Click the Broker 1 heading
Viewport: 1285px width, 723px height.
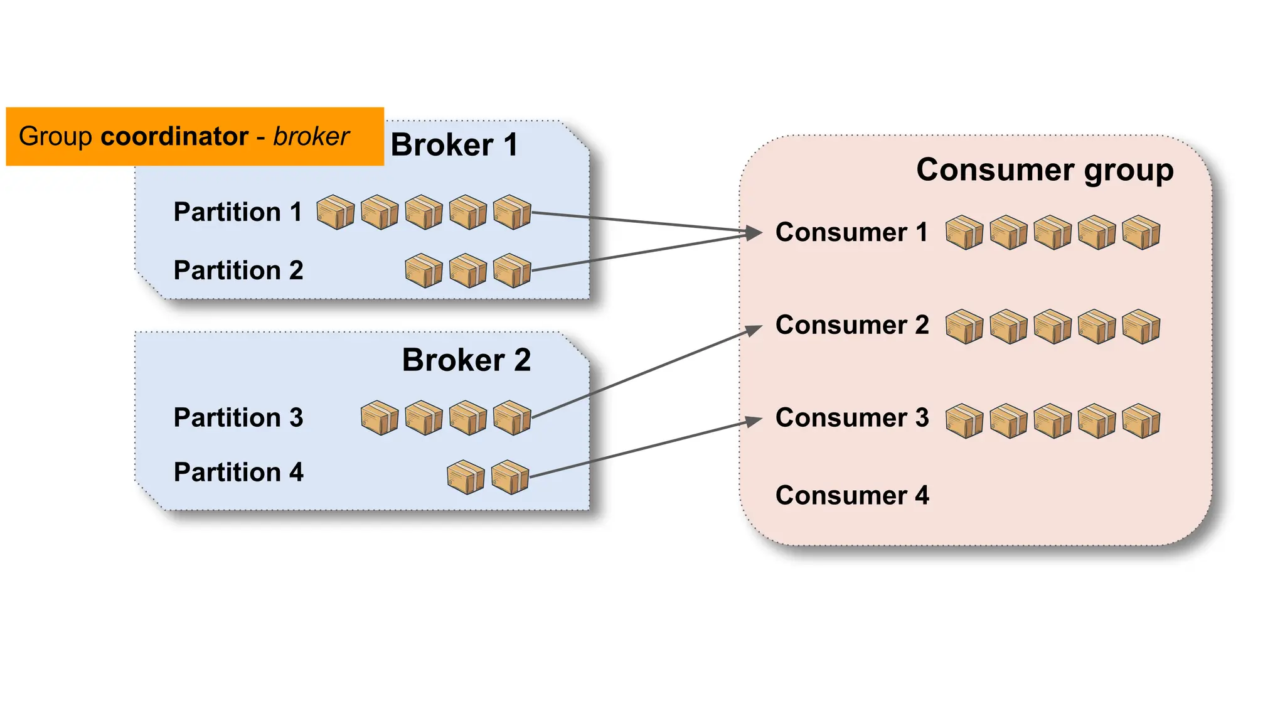point(454,145)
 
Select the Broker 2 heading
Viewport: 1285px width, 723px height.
point(466,360)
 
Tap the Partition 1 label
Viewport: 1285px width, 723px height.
point(238,212)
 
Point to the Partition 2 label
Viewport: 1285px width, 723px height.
point(238,270)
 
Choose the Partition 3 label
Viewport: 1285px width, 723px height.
point(238,418)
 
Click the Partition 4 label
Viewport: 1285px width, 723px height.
point(238,473)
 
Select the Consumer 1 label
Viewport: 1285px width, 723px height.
point(851,233)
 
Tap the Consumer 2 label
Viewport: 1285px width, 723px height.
point(852,325)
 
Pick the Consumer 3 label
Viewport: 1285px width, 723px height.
point(852,418)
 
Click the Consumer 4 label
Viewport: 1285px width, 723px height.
point(852,496)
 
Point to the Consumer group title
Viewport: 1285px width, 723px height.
point(1045,170)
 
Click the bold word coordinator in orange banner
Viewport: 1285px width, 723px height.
point(174,136)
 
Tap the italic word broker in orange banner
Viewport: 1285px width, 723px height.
point(311,136)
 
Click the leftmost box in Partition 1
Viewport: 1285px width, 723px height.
point(335,212)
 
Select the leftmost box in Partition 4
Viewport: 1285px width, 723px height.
point(466,477)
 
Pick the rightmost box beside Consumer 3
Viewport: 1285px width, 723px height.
point(1141,420)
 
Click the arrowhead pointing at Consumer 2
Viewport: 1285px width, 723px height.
point(754,329)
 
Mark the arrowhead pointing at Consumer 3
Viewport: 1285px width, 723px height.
point(754,421)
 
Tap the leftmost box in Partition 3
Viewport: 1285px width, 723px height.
point(380,418)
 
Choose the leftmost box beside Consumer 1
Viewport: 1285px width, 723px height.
point(964,233)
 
